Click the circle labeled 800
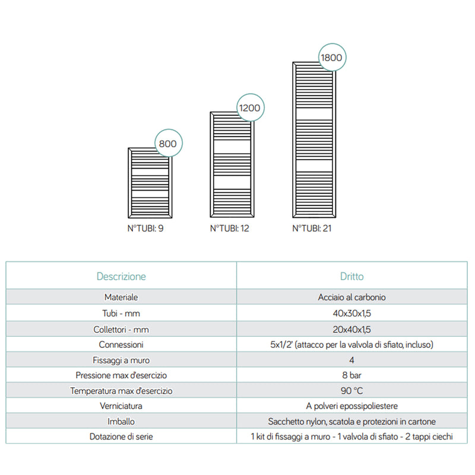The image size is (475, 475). tap(167, 144)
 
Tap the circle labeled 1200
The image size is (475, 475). tap(250, 108)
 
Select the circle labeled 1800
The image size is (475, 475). tap(331, 58)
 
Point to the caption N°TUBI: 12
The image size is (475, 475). tap(229, 228)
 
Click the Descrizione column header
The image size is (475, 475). tap(121, 276)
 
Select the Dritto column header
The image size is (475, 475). tap(352, 276)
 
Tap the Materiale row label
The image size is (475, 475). tap(121, 297)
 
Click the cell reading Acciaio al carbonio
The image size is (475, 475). tap(352, 297)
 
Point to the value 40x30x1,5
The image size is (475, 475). tap(352, 313)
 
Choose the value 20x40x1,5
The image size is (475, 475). tap(352, 328)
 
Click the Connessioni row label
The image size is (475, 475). tap(121, 344)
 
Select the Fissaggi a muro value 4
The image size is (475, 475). tap(352, 360)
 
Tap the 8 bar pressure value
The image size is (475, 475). tap(352, 375)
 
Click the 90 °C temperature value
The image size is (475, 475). tap(352, 391)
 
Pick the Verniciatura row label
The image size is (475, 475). tap(121, 406)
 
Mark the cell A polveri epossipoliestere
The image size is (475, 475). tap(352, 406)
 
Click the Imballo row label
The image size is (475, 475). tap(121, 422)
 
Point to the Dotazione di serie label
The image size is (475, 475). tap(121, 437)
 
